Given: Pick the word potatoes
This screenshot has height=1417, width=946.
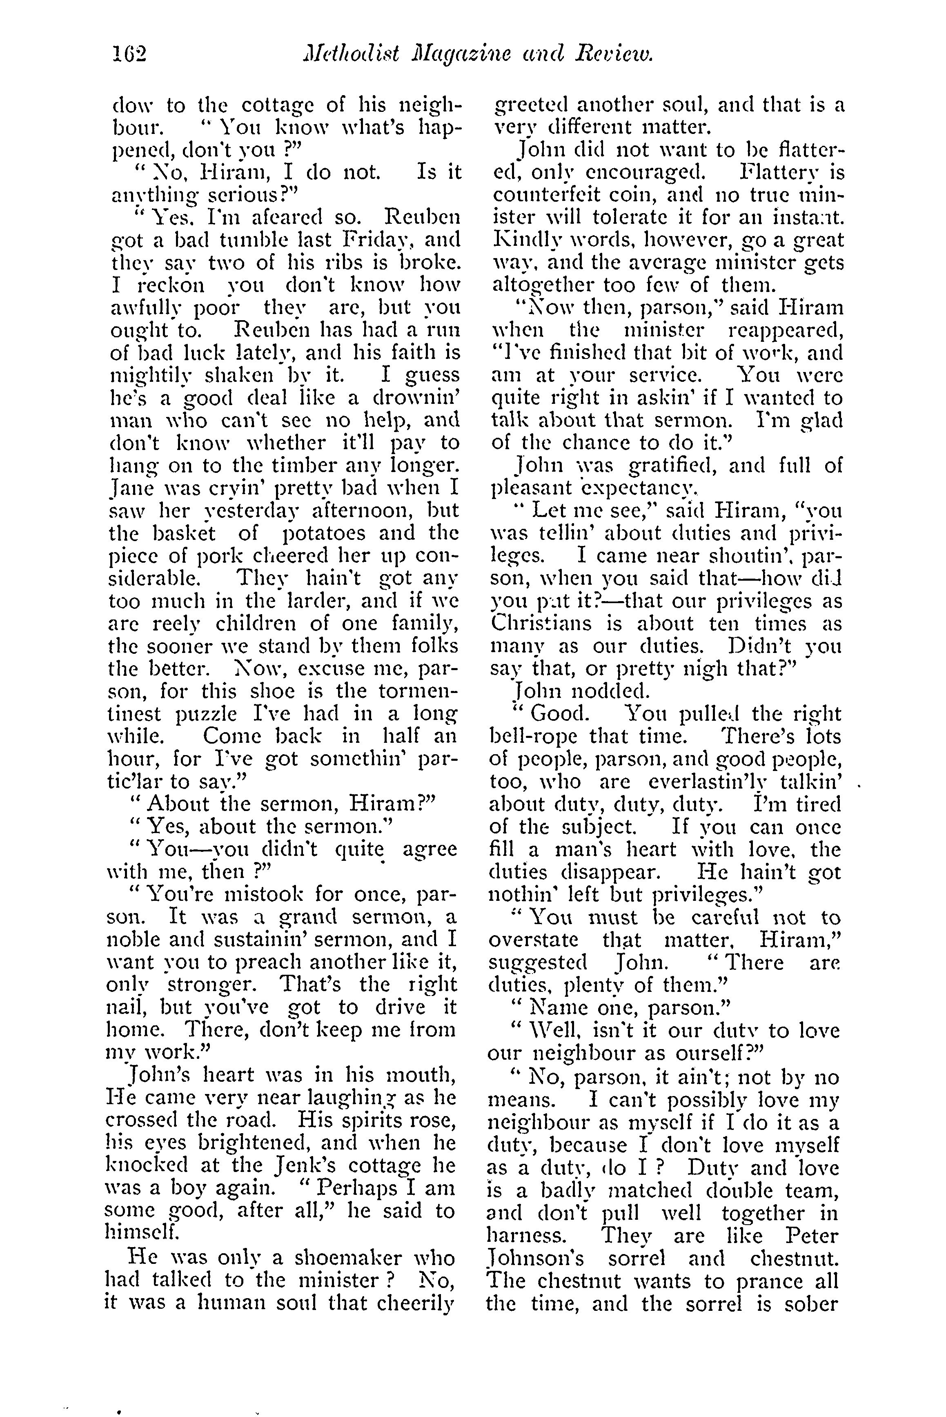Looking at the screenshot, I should point(324,534).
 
